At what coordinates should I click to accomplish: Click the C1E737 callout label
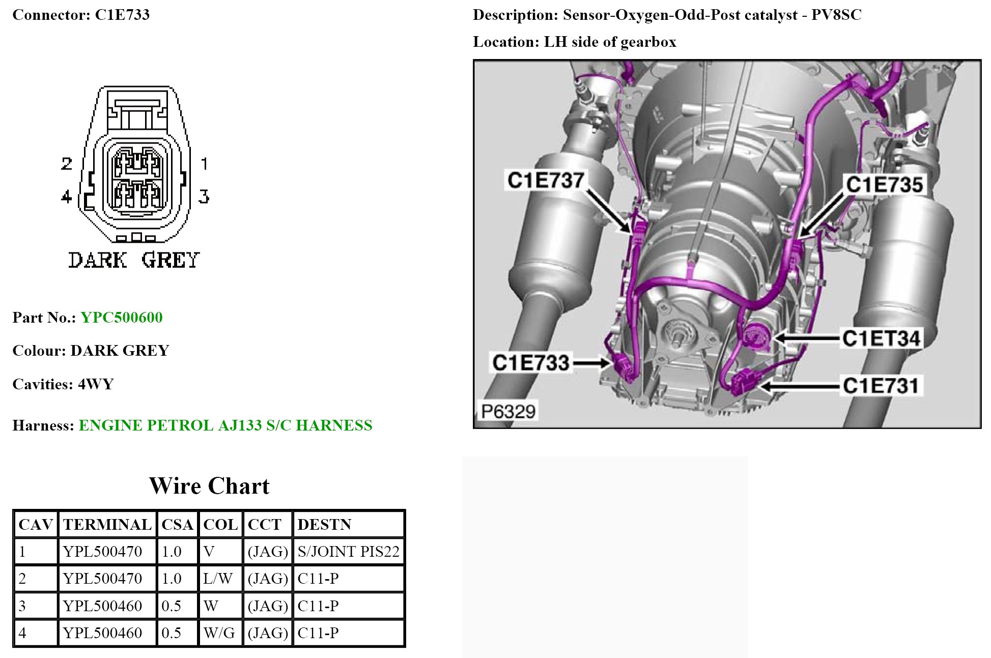click(546, 180)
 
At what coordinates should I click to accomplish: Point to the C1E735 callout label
click(884, 184)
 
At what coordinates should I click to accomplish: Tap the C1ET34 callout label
click(881, 338)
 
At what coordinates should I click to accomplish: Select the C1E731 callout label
click(881, 385)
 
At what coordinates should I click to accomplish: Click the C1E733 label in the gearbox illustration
click(530, 362)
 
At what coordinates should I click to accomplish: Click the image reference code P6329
click(508, 411)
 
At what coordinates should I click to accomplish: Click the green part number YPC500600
click(122, 318)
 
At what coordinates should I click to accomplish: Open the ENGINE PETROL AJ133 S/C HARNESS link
click(225, 425)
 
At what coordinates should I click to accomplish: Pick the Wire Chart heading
click(209, 486)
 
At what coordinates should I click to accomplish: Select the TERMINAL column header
click(107, 525)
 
